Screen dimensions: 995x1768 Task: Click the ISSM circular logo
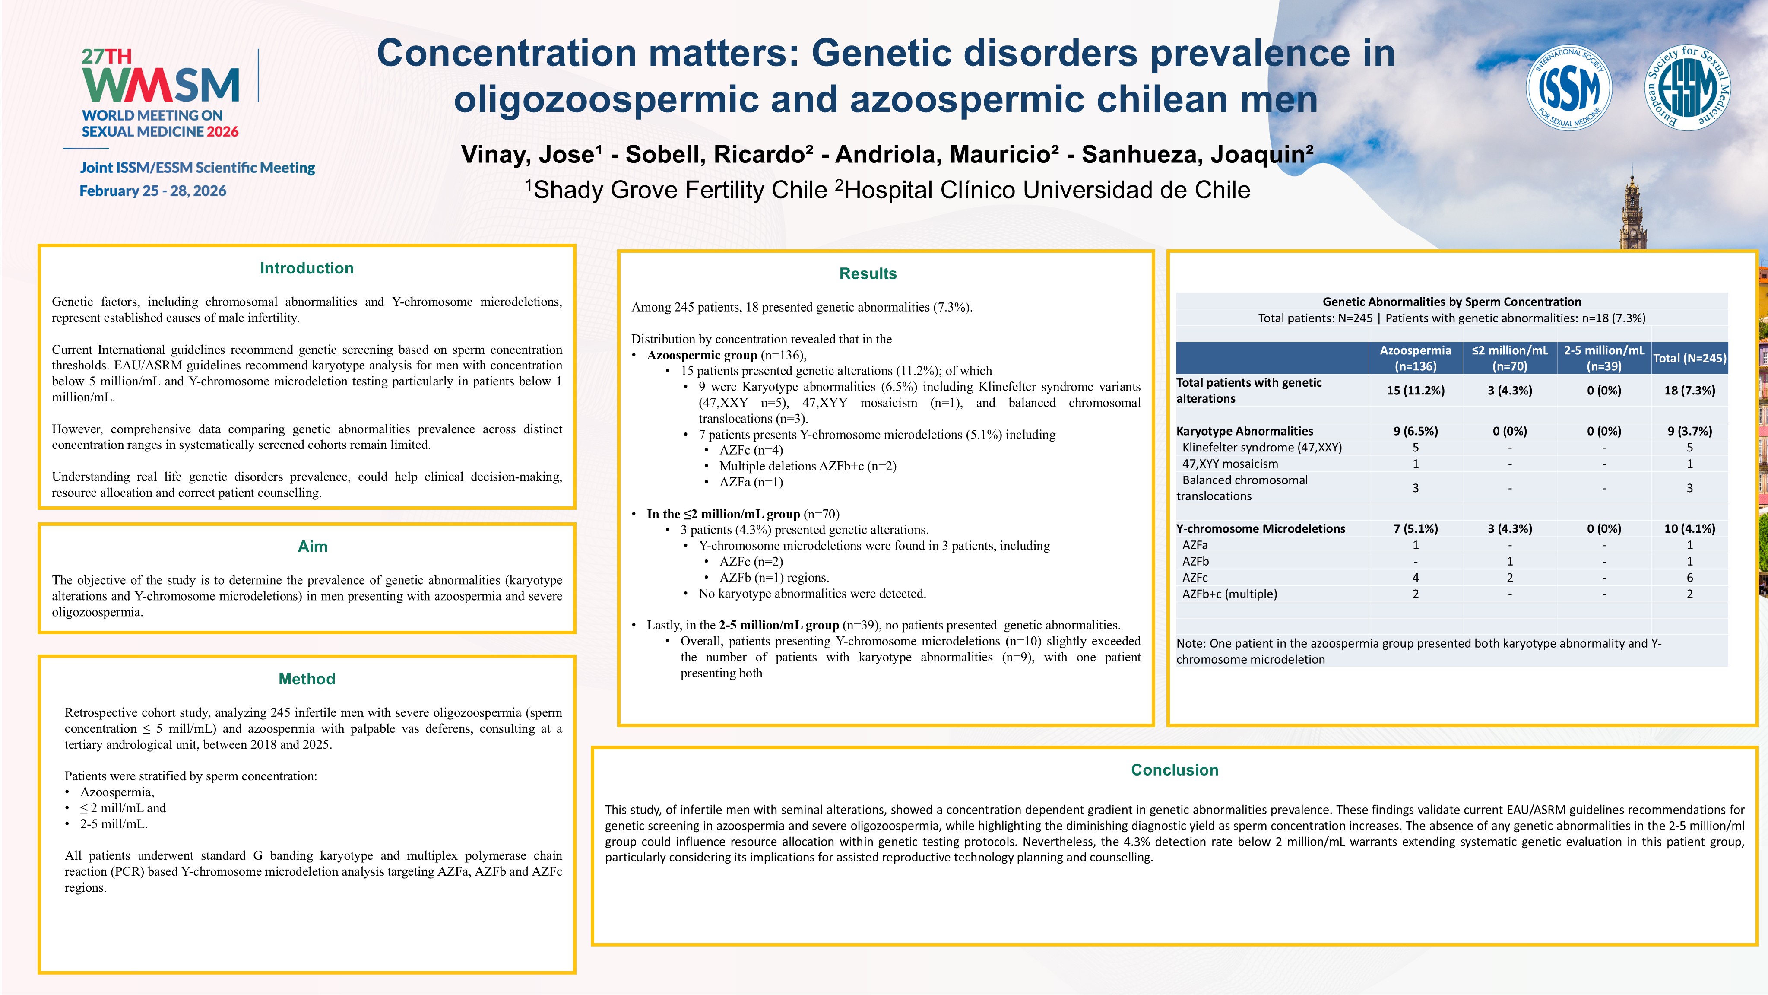tap(1568, 87)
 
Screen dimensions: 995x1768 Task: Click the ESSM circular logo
tap(1688, 87)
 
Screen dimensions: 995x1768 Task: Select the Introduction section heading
tap(307, 268)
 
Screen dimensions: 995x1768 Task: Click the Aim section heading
tap(312, 547)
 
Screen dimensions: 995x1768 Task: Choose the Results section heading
tap(868, 274)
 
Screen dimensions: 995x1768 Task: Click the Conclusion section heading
tap(1174, 770)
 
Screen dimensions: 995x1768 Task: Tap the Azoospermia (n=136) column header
tap(1415, 358)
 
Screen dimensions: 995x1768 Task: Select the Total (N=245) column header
tap(1689, 358)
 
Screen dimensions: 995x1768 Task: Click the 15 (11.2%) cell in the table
tap(1415, 391)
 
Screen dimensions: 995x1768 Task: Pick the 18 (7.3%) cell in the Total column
tap(1689, 391)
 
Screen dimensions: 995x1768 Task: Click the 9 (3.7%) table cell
tap(1689, 431)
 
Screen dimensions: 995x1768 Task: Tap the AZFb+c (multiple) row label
tap(1229, 594)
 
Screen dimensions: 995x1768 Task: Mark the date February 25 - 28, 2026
tap(153, 191)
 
